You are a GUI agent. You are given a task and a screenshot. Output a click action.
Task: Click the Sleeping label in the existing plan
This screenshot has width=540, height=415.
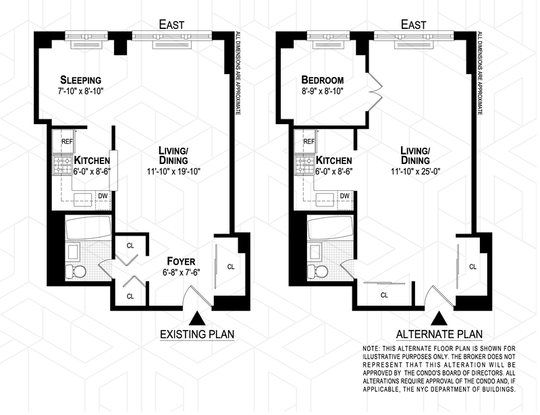click(80, 80)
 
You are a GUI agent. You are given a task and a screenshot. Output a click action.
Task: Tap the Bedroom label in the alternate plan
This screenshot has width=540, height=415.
click(323, 80)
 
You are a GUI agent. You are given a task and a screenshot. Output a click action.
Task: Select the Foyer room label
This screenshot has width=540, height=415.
click(181, 261)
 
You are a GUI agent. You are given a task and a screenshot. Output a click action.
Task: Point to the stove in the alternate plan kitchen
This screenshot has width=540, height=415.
click(303, 165)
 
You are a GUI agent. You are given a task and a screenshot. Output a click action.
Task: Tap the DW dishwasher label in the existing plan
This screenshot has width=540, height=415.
click(103, 196)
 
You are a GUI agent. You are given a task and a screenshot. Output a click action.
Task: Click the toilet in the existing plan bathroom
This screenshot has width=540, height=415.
click(76, 271)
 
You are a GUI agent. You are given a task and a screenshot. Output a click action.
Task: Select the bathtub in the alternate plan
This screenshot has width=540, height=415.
click(331, 227)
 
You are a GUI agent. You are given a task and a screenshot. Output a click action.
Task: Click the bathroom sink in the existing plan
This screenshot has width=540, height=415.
click(73, 252)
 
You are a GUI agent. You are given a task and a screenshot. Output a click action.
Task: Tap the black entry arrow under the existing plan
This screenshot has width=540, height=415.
click(197, 319)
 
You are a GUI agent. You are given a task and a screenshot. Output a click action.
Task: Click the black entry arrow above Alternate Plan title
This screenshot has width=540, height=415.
click(439, 319)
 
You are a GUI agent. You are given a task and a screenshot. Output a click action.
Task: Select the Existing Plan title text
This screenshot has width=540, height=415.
click(197, 334)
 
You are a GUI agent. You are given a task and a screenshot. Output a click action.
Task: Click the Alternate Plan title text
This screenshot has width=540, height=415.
click(439, 334)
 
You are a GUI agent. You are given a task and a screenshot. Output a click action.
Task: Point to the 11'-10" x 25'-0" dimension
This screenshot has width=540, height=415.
click(416, 171)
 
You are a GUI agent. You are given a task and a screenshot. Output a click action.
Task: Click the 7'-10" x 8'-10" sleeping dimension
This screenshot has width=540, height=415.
click(80, 91)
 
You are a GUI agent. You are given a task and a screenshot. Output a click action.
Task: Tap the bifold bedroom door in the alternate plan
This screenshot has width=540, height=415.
click(375, 92)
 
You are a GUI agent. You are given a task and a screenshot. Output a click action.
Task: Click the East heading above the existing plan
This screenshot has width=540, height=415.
click(171, 25)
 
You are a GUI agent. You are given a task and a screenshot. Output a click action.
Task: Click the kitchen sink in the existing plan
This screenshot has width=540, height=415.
click(83, 200)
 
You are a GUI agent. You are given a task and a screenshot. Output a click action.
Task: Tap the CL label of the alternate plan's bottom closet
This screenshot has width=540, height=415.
click(384, 295)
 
